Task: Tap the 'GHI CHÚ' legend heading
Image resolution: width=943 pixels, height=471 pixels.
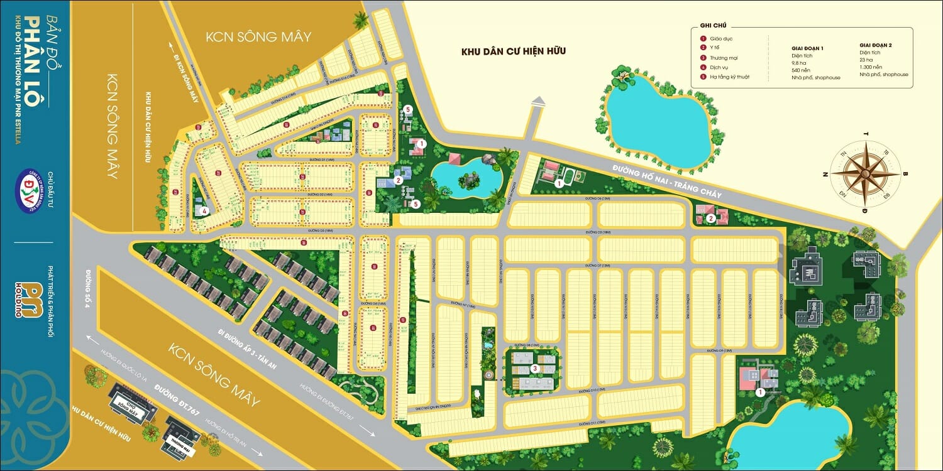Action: point(713,26)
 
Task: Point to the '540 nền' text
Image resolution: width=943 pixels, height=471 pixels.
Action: point(800,70)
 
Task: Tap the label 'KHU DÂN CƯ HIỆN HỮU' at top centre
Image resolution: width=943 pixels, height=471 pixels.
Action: point(513,50)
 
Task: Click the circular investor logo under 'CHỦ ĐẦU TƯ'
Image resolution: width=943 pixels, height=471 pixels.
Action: point(34,188)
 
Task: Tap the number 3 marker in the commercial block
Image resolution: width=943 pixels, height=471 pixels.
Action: point(534,369)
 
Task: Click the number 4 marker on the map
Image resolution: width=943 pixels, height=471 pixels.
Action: point(204,211)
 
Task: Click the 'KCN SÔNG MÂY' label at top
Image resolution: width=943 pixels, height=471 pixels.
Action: point(258,36)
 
